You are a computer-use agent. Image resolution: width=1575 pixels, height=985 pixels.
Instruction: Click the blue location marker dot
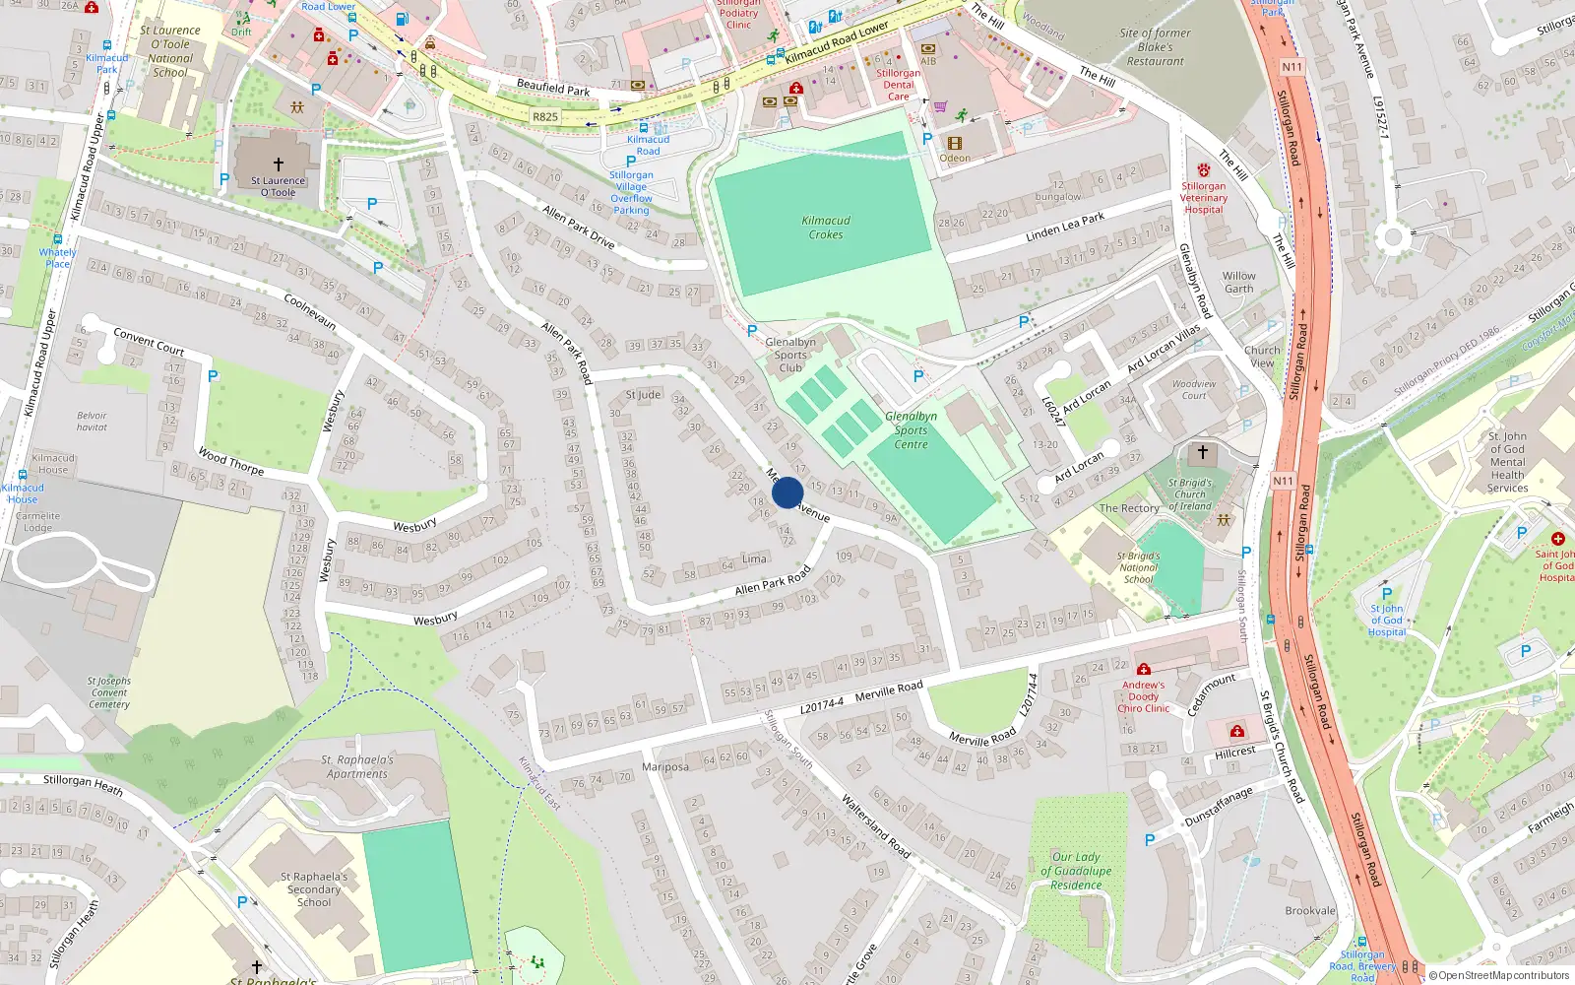[x=787, y=492]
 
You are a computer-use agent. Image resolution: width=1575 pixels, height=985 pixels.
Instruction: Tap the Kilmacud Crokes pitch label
[x=826, y=228]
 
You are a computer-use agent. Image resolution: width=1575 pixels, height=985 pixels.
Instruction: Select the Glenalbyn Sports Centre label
[x=911, y=430]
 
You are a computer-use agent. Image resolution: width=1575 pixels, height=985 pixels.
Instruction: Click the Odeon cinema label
[x=954, y=158]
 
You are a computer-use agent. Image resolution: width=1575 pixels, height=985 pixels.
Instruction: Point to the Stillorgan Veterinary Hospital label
[x=1203, y=197]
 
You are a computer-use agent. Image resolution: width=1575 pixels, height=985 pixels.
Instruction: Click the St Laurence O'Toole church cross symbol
[x=279, y=164]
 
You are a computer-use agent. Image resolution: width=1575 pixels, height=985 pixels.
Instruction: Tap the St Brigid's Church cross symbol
[x=1202, y=453]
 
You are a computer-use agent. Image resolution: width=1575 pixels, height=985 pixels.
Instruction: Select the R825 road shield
[x=544, y=116]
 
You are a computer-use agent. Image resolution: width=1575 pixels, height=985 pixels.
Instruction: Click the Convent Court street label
[x=149, y=341]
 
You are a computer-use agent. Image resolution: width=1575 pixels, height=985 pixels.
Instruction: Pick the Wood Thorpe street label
[x=231, y=461]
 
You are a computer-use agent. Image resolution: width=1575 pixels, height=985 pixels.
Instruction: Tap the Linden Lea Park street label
[x=1065, y=228]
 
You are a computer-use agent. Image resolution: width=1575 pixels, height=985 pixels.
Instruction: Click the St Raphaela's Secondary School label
[x=314, y=889]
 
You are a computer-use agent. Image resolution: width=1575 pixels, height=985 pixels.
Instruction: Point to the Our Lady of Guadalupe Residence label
[x=1076, y=871]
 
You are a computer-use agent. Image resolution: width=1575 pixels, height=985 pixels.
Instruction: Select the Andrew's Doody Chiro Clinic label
[x=1143, y=696]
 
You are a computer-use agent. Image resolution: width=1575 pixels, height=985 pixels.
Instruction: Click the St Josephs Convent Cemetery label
[x=108, y=692]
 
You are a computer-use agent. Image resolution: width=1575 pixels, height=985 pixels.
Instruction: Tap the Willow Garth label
[x=1239, y=283]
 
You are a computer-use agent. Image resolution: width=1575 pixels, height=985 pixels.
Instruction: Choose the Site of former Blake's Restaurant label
[x=1155, y=47]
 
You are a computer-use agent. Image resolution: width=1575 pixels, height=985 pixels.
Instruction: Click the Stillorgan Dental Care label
[x=898, y=85]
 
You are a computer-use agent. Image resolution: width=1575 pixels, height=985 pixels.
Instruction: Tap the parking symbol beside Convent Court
[x=213, y=376]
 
